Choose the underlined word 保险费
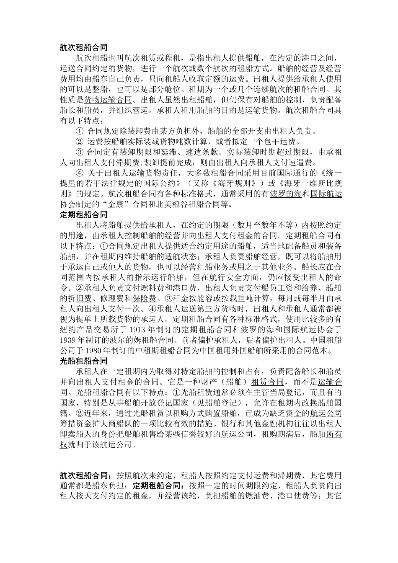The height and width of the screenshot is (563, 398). coord(145,298)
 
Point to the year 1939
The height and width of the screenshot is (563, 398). coord(68,340)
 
